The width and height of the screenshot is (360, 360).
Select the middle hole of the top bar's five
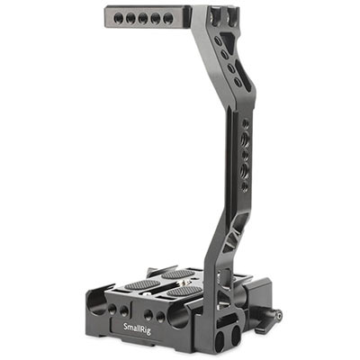[x=143, y=19]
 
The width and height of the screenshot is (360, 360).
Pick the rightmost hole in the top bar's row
[x=168, y=19]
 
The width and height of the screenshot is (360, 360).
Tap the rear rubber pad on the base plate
[x=178, y=274]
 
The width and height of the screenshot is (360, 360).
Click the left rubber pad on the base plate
[x=142, y=284]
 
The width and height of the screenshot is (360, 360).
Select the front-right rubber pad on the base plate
[x=184, y=291]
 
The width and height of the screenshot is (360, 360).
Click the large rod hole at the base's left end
[x=96, y=302]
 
